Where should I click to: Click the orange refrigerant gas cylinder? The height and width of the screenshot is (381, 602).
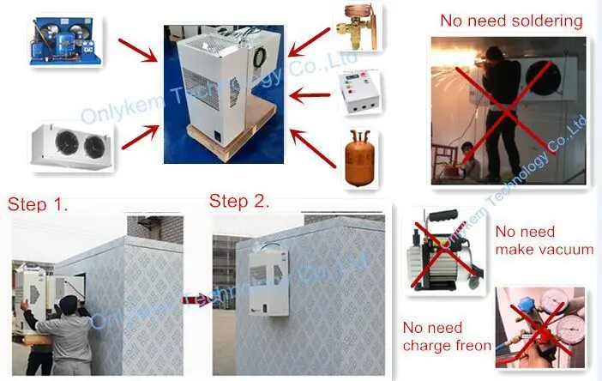point(359,159)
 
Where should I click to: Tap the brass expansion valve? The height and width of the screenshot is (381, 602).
point(356,27)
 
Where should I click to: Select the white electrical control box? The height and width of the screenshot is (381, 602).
point(359,92)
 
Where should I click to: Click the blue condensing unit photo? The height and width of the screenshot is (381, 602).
point(66,40)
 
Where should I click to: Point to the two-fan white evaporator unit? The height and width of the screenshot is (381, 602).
point(71,146)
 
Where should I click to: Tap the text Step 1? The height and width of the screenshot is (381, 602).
point(38,204)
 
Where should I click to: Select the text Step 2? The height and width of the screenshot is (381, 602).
point(238,202)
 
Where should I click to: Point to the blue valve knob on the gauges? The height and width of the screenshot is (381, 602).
point(526,305)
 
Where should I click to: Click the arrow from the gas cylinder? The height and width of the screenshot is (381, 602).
point(312,148)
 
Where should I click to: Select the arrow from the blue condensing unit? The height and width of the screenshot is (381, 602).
point(138,51)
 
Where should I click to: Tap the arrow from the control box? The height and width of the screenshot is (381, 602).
point(310,95)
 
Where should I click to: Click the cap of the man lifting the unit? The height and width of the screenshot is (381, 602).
point(69,302)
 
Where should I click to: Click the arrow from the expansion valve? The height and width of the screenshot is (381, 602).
point(309,42)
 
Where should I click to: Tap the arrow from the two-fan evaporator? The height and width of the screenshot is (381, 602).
point(140,136)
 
